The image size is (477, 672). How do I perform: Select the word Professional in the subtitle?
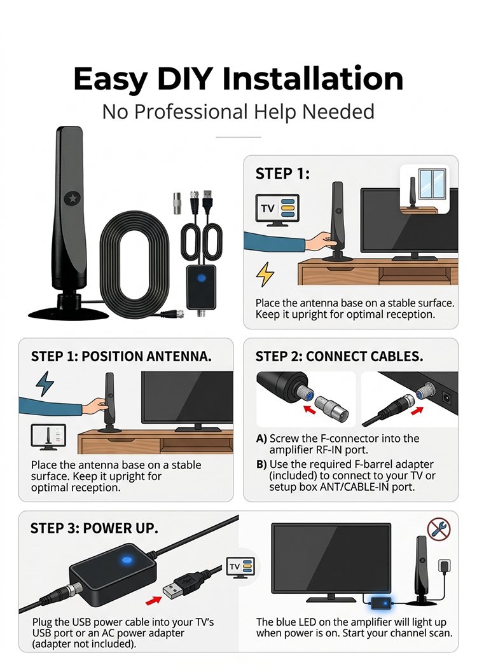point(191,112)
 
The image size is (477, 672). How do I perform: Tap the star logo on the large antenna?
point(72,198)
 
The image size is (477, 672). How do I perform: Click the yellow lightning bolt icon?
point(265,274)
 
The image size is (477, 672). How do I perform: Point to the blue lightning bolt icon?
point(45,383)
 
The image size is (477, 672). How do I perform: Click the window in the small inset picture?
point(432,184)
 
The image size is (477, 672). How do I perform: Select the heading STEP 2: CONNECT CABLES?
point(339,357)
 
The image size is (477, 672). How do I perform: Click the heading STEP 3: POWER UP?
point(94,528)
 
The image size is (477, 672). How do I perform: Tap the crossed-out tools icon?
point(439,530)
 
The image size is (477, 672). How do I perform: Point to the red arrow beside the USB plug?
point(153,601)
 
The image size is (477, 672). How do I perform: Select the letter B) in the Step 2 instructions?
point(261,464)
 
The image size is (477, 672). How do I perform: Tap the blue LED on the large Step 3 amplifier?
point(127,559)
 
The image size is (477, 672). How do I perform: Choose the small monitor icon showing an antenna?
point(48,437)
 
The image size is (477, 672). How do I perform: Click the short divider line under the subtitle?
point(238,137)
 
